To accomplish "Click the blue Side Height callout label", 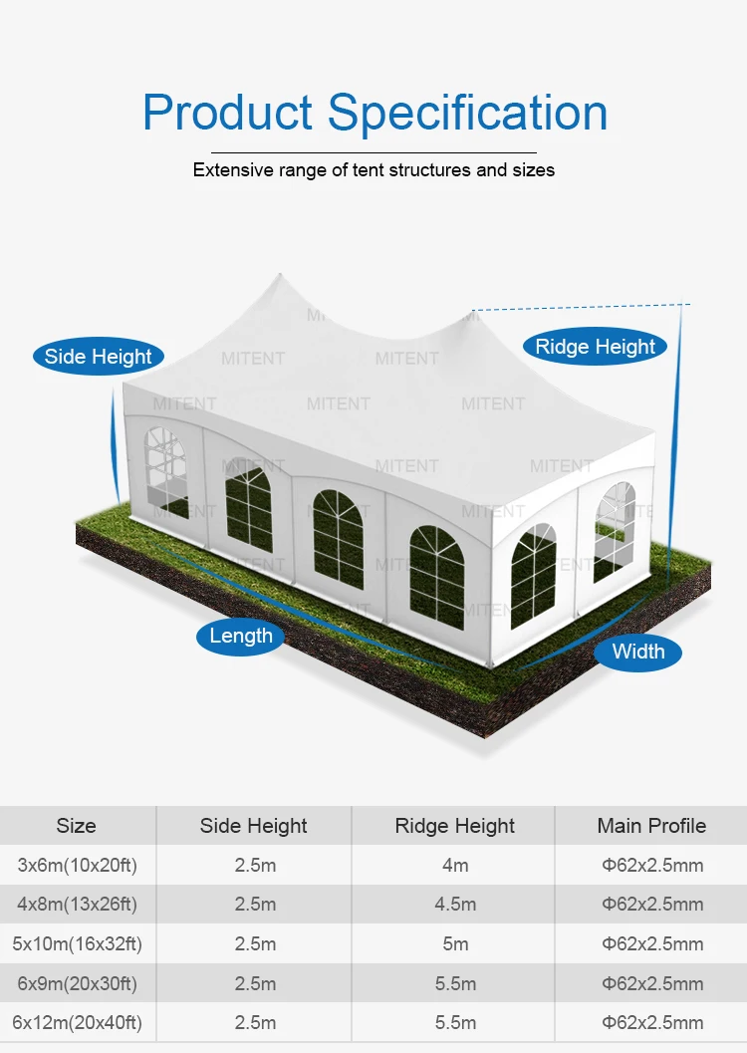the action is point(99,357).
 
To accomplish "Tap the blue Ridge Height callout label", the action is point(595,347).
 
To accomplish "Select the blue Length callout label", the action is point(241,636).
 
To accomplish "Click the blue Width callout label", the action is point(638,652).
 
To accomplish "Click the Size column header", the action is point(77,826).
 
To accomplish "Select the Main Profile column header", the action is point(651,826).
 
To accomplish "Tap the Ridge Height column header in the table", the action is point(455,826).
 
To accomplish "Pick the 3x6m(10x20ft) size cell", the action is point(78,865).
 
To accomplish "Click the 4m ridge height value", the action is point(455,865).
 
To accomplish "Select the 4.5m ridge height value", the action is point(455,905).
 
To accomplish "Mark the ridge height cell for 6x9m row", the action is point(455,983).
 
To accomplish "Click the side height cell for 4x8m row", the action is point(255,905).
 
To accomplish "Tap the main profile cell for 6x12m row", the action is point(652,1022).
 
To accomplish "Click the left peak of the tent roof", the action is point(281,278).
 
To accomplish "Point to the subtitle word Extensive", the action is point(231,170).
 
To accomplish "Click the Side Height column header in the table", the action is point(254,826).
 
